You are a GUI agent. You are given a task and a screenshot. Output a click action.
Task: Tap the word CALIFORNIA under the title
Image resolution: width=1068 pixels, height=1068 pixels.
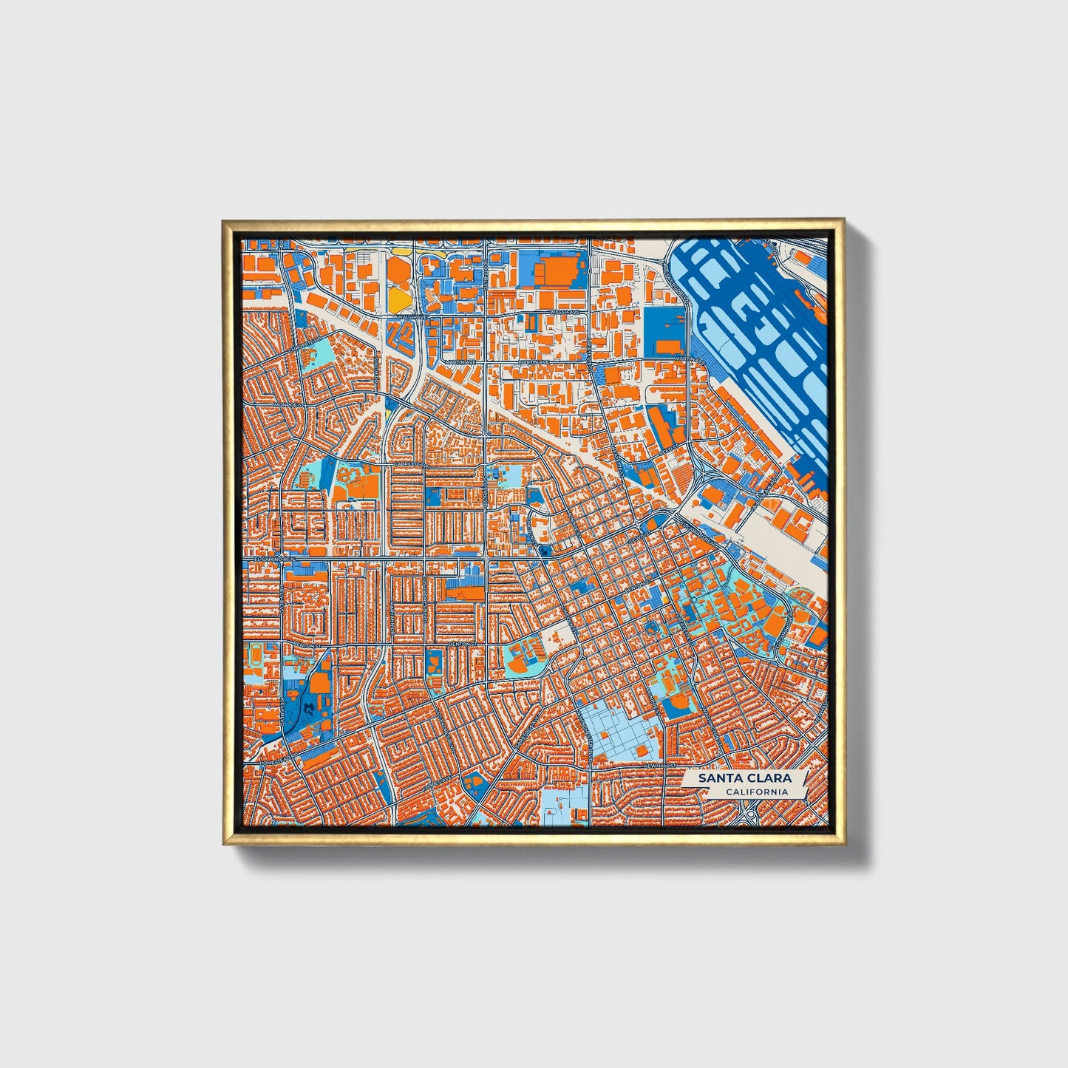[x=755, y=792]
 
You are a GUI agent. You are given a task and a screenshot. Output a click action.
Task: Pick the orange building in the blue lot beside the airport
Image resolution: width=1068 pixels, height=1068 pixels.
[x=670, y=347]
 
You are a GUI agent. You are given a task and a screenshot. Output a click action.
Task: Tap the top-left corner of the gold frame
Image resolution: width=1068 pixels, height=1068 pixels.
[x=223, y=221]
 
